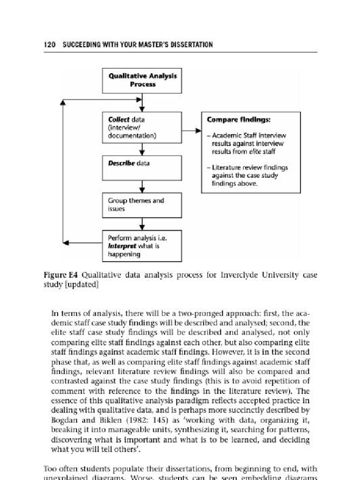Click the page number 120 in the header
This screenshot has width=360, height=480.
[x=49, y=45]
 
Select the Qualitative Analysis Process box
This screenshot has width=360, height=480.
[x=142, y=80]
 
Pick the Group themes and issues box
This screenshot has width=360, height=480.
[x=142, y=205]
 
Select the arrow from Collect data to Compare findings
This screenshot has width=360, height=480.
[x=191, y=131]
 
